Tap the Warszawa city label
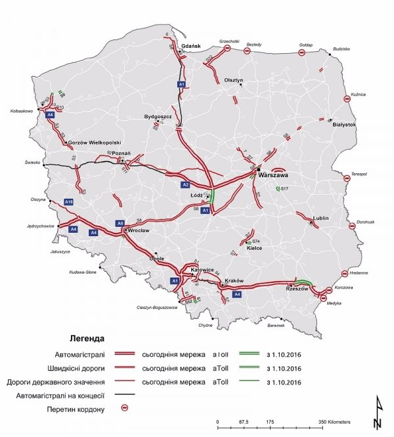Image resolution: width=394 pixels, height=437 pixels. [x=274, y=176]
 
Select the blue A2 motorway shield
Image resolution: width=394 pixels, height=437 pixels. [x=186, y=184]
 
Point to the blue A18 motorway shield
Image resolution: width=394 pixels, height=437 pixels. [x=68, y=201]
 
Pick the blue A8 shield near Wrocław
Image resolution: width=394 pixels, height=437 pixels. [x=120, y=223]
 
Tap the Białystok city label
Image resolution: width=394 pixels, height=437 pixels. [x=345, y=123]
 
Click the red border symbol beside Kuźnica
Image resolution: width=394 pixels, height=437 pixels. [x=346, y=99]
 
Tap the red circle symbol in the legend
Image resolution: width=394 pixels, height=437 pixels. [x=126, y=407]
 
